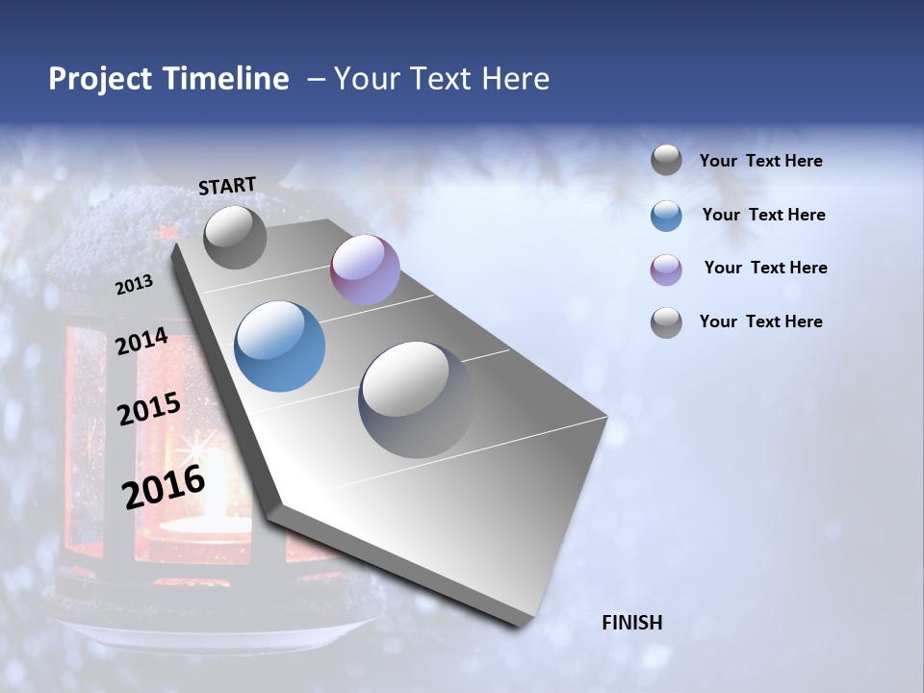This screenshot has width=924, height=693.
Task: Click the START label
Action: click(x=227, y=186)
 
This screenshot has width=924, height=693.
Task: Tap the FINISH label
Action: click(x=632, y=623)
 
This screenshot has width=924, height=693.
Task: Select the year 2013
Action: click(x=134, y=285)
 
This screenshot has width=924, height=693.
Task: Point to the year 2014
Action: click(x=141, y=341)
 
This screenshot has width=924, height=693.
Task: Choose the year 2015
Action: click(x=148, y=409)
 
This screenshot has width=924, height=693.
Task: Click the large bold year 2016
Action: click(x=164, y=487)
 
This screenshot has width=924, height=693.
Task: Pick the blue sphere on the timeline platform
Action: click(x=279, y=346)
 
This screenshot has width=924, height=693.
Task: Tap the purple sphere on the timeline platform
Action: click(x=365, y=269)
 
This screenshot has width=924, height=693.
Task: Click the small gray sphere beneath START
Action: click(x=235, y=237)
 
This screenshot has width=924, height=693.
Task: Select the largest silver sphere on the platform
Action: click(x=416, y=398)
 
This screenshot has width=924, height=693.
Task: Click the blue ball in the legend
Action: click(x=666, y=216)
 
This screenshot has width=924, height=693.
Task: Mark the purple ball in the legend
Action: click(x=666, y=269)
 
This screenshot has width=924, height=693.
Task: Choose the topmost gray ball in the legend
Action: click(x=666, y=160)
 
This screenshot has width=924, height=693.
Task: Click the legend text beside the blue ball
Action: click(x=763, y=215)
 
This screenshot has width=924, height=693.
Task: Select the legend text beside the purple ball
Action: click(x=765, y=268)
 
